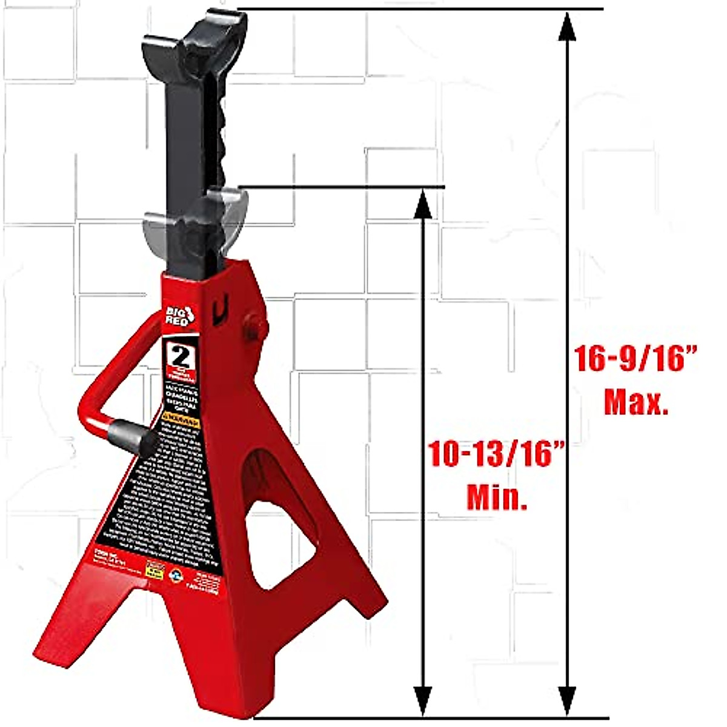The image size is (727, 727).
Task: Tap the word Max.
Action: pos(636,402)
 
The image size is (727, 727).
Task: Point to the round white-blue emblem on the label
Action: pos(175,571)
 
